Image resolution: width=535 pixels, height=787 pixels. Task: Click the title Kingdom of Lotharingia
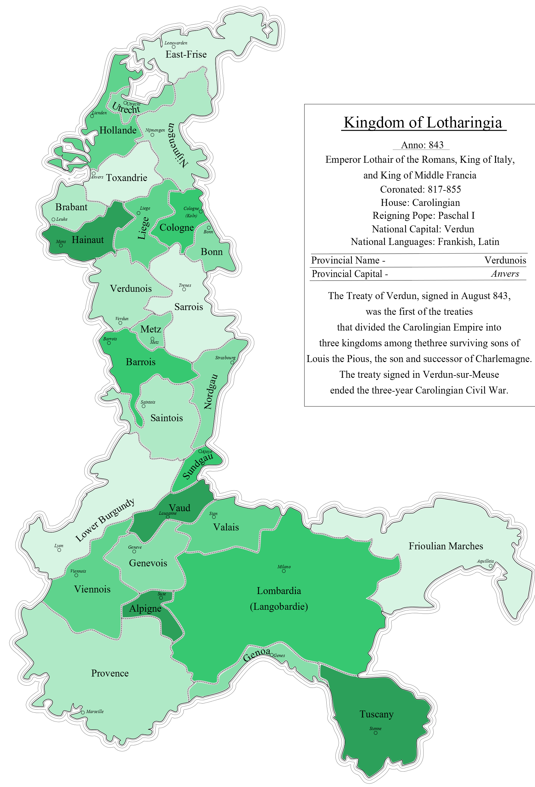(x=423, y=122)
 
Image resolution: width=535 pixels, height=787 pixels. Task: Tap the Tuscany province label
(x=376, y=714)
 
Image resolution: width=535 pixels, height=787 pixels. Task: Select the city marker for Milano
(x=284, y=571)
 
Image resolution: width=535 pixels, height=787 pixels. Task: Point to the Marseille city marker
(x=83, y=712)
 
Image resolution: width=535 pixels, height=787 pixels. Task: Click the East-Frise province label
(x=186, y=54)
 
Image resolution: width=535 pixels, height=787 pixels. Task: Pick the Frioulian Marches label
(x=446, y=546)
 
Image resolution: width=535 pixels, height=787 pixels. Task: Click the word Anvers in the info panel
(x=505, y=274)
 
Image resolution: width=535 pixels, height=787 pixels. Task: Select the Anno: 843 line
(x=422, y=145)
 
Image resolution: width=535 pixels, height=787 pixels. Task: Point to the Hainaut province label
(x=88, y=240)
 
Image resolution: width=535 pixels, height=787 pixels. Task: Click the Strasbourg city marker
(x=232, y=362)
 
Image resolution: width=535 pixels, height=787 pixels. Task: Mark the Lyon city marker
(x=59, y=550)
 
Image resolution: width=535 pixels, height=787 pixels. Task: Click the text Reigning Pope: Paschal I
(x=423, y=216)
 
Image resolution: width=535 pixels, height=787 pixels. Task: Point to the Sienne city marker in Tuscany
(x=375, y=733)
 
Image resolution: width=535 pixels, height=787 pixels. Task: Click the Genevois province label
(x=148, y=563)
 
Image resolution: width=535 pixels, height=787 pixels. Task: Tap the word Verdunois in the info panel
(x=505, y=260)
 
